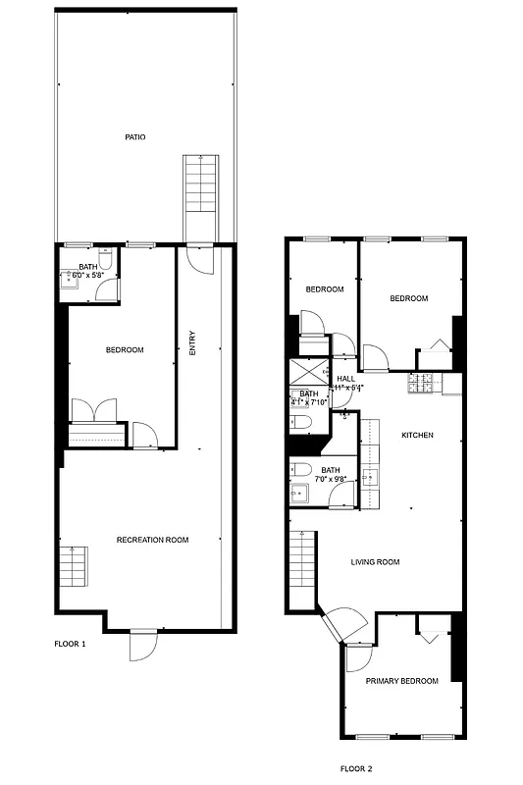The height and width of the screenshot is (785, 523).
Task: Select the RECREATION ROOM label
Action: tap(152, 540)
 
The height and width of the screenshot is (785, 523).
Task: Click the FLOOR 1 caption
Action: tap(70, 645)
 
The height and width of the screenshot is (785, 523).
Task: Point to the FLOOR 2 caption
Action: tap(356, 769)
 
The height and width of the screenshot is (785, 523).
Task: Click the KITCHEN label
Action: tap(417, 435)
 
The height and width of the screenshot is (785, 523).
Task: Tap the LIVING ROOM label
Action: tap(376, 562)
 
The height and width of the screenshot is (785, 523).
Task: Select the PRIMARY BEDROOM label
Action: tap(401, 681)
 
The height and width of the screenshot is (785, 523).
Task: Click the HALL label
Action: tap(346, 379)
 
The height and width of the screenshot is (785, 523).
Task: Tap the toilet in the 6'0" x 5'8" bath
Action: tap(106, 262)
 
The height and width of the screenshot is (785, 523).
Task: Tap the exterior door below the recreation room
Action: tap(141, 644)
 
